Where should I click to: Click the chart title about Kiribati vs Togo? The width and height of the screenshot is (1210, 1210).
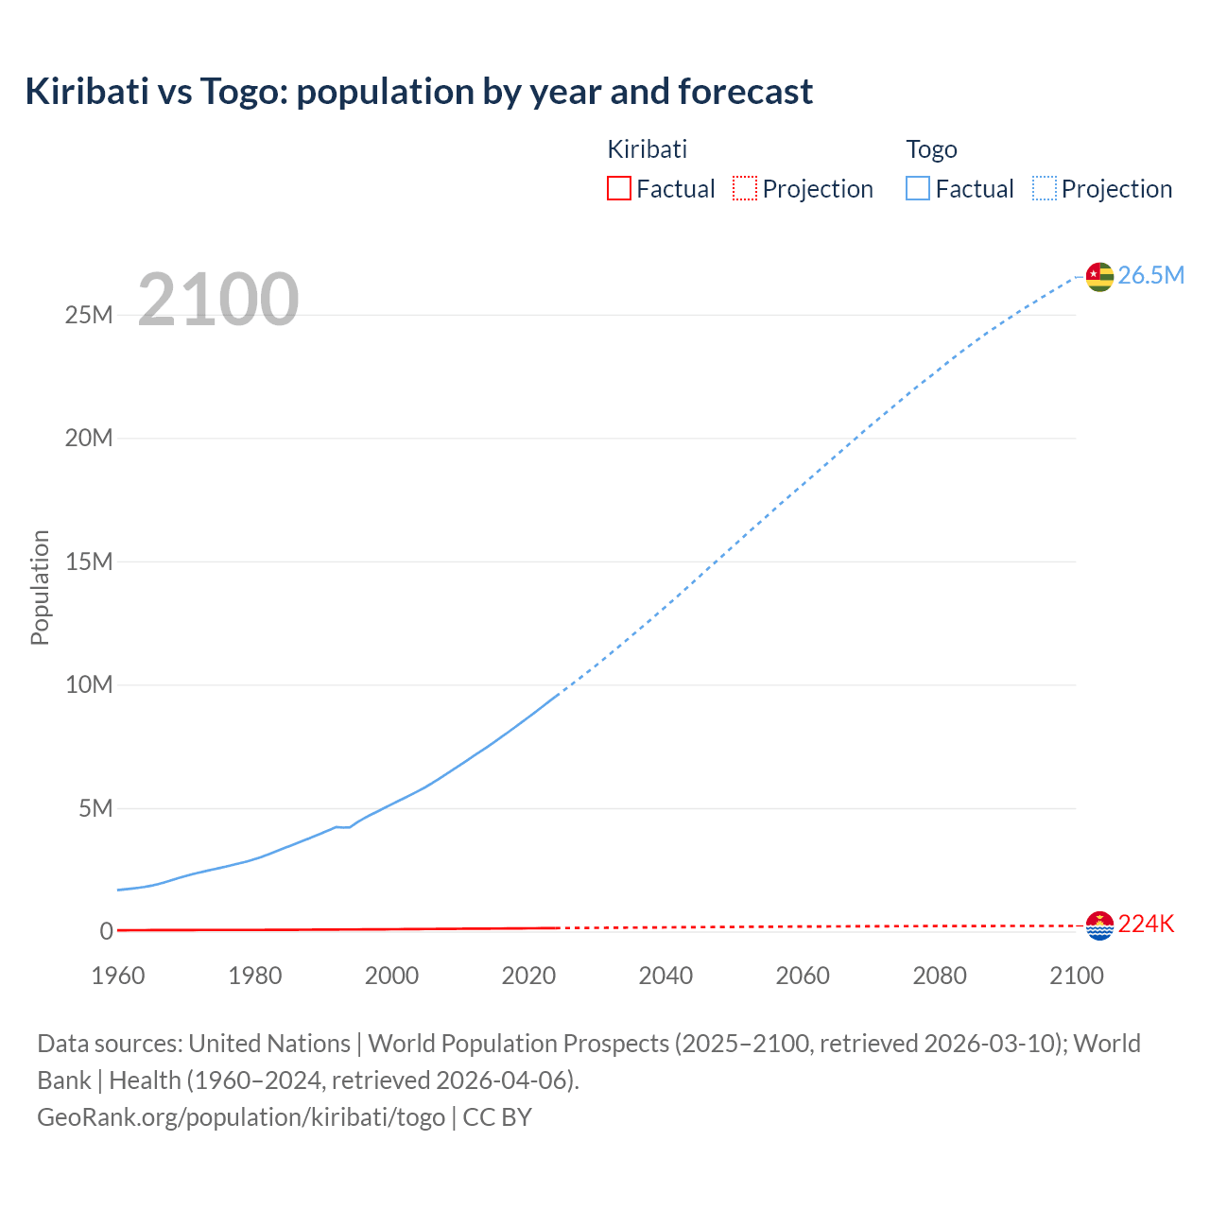(x=419, y=92)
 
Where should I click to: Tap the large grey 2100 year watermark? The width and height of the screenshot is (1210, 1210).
(x=218, y=300)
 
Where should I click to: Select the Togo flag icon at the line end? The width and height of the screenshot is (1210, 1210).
(x=1099, y=276)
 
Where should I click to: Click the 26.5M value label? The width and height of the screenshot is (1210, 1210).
(x=1150, y=275)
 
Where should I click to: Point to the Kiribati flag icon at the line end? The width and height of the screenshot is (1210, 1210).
(x=1099, y=925)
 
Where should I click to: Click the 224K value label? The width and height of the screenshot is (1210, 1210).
(x=1146, y=925)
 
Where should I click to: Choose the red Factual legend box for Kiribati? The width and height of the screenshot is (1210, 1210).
(x=619, y=189)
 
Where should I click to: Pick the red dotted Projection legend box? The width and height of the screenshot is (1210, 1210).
(x=745, y=189)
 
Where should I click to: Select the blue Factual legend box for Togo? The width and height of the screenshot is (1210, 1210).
(x=918, y=189)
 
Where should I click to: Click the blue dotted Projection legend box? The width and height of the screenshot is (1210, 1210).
(x=1045, y=189)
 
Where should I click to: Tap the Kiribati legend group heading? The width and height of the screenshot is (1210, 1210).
(x=647, y=149)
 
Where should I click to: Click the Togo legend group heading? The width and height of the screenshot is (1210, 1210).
(x=931, y=149)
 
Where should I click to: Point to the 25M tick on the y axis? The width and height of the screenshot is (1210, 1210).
(x=89, y=315)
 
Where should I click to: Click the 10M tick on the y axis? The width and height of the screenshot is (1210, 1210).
(x=89, y=684)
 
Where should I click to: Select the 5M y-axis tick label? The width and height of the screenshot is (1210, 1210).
(x=95, y=808)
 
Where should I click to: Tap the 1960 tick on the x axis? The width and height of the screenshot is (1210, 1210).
(x=118, y=976)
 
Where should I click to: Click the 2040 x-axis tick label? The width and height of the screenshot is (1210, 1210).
(x=665, y=976)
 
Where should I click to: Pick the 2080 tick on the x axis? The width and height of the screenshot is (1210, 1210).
(x=940, y=976)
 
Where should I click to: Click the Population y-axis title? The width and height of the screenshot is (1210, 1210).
(x=40, y=587)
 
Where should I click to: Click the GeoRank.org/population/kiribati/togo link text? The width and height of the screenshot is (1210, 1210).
(x=241, y=1117)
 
